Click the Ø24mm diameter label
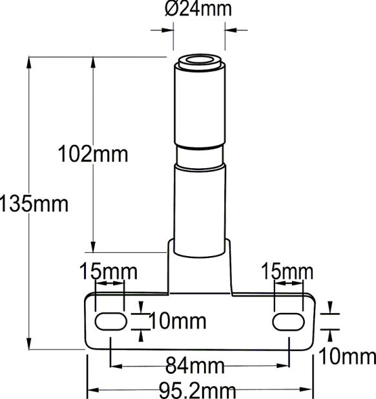[x=198, y=9]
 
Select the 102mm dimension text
[x=93, y=155]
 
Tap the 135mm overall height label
[x=34, y=204]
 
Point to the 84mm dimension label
[x=196, y=367]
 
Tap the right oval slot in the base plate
[x=288, y=321]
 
